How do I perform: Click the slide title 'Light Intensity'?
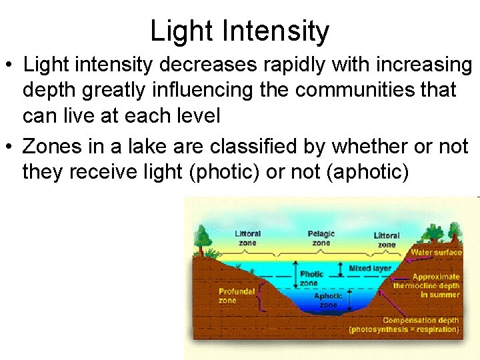239,31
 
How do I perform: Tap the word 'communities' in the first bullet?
347,90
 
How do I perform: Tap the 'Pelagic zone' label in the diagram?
321,238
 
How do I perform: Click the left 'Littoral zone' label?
247,238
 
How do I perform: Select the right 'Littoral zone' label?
386,239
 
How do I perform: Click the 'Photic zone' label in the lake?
312,279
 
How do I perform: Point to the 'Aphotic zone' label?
328,300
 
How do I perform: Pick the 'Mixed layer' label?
370,268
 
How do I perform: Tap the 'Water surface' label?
435,253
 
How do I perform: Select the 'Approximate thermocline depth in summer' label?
427,285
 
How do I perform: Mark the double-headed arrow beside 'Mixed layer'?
342,269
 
